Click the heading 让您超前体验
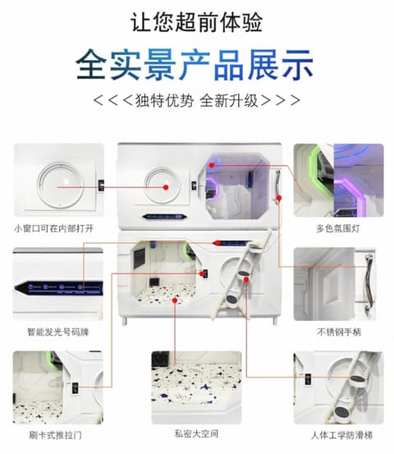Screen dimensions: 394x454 196,22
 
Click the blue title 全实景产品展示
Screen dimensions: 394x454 195,65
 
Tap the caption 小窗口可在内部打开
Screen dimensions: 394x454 54,229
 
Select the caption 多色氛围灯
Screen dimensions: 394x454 338,229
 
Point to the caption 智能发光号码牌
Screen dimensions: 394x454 58,332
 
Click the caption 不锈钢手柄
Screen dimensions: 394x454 339,332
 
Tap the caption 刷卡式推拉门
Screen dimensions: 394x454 55,435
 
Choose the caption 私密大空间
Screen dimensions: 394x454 196,433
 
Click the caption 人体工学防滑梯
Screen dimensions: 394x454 341,435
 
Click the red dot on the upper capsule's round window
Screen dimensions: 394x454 166,187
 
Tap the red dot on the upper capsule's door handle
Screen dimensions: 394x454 279,198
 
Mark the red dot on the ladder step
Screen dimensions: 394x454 246,279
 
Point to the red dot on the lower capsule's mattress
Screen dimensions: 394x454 175,300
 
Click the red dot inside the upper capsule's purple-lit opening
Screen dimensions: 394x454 212,165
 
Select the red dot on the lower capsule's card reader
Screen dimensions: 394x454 202,273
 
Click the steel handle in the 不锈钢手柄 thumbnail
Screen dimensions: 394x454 369,284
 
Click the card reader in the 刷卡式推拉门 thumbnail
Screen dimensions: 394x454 76,388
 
